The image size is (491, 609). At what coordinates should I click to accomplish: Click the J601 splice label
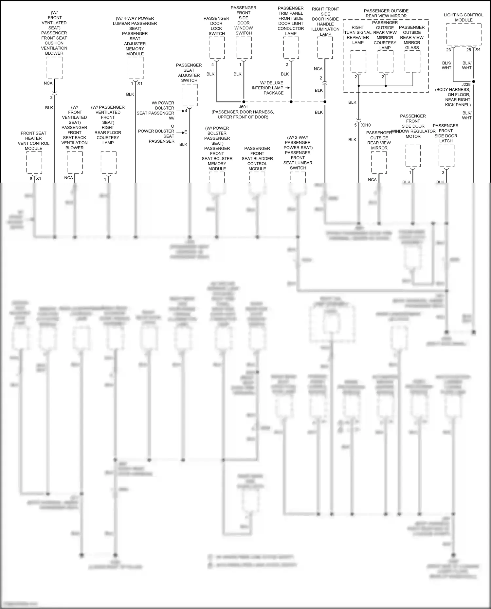pos(243,107)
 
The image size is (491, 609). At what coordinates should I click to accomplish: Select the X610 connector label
pos(366,125)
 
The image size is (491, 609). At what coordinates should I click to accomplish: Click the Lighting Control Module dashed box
pos(464,34)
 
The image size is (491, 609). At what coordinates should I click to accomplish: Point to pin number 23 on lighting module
pos(448,50)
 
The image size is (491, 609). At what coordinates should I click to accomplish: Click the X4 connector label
pos(478,49)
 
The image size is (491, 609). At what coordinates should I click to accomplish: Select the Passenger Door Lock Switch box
pos(217,48)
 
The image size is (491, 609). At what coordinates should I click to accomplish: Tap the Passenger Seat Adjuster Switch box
pos(190,95)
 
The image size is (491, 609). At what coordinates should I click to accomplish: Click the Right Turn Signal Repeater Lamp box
pos(358,61)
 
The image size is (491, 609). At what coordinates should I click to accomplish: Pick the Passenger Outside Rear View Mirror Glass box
pos(412,61)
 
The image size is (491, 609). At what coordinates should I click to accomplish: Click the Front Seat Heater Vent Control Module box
pos(34,162)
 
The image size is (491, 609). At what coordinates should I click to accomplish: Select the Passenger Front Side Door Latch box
pos(446,155)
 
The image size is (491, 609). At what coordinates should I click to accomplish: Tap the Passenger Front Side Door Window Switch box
pos(244,48)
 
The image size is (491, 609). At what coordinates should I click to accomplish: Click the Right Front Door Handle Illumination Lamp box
pos(325,48)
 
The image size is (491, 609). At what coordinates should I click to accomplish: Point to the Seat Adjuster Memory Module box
pos(136,68)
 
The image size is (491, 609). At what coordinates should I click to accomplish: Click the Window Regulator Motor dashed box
pos(413,155)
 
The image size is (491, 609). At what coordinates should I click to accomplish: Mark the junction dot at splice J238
pos(473,81)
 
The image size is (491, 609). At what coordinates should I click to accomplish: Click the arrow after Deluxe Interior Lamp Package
pos(288,88)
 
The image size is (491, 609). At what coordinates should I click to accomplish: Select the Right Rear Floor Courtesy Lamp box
pos(109,162)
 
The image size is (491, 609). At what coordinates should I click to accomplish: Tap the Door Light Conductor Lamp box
pos(291,48)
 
